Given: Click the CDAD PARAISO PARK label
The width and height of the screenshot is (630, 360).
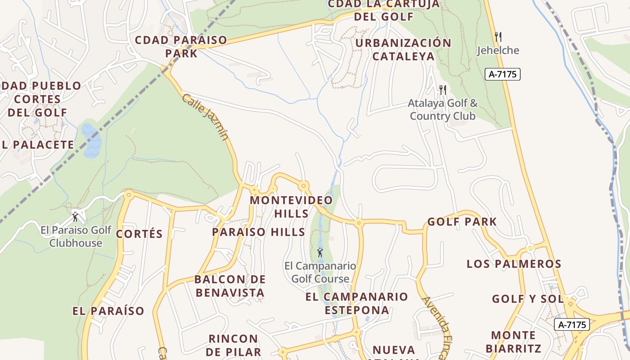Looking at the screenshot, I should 181,46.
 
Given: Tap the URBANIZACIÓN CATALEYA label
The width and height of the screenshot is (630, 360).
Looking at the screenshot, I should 403,49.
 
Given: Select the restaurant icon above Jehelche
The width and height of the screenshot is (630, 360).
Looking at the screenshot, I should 498,37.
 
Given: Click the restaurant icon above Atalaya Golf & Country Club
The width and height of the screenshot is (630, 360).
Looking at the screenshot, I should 443,90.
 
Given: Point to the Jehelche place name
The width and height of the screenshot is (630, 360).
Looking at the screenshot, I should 498,50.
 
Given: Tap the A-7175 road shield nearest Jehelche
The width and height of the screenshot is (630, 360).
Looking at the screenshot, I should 503,74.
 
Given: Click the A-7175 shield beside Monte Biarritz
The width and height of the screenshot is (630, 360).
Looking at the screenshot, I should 572,324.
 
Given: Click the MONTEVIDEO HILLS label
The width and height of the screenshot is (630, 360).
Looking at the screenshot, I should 292,207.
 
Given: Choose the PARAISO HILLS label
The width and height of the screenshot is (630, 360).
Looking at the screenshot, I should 258,232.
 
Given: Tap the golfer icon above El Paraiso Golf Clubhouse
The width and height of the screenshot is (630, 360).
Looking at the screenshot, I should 75,217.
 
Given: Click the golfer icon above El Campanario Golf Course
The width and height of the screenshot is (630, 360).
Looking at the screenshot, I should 320,253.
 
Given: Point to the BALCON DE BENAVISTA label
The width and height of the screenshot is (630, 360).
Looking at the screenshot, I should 230,286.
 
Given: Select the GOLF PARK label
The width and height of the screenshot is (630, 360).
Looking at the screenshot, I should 462,222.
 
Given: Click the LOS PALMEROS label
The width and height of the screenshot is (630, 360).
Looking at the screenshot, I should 514,264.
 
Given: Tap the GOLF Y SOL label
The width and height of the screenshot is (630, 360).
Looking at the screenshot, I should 527,299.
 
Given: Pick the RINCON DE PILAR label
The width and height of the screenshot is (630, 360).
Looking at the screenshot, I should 234,345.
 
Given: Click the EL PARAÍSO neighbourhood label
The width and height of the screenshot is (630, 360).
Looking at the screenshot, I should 108,311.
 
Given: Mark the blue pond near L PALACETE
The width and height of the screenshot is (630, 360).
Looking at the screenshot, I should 91,140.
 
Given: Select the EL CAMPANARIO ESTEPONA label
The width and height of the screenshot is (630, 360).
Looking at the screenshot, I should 357,303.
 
